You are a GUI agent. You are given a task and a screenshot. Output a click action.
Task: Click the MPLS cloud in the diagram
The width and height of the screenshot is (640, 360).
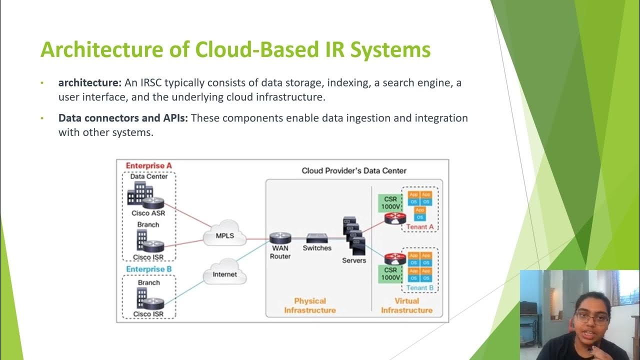click(x=225, y=235)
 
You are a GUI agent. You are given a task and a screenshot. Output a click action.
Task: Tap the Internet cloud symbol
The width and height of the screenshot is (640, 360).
click(x=225, y=273)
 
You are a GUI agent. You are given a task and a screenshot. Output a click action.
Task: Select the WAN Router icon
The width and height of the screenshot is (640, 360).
click(x=279, y=238)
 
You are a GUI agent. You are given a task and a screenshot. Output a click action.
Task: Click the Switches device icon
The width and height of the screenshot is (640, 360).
click(x=317, y=238)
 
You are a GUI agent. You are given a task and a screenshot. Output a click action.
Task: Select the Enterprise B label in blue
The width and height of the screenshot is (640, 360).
click(x=145, y=269)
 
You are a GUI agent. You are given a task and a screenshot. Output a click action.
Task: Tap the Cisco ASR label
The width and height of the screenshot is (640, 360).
click(x=148, y=213)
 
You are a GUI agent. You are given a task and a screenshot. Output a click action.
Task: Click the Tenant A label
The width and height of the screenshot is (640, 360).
click(x=420, y=226)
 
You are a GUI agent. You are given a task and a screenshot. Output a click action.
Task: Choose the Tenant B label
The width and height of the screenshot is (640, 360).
click(x=420, y=288)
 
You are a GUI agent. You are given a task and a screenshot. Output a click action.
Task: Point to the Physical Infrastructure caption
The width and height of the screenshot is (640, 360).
click(x=310, y=305)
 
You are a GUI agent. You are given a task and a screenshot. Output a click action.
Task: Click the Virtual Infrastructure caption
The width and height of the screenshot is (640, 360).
click(x=406, y=305)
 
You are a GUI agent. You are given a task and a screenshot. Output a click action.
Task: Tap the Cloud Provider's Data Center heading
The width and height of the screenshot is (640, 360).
click(x=354, y=170)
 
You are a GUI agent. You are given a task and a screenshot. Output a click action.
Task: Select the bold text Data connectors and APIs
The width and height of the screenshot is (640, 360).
click(x=123, y=118)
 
